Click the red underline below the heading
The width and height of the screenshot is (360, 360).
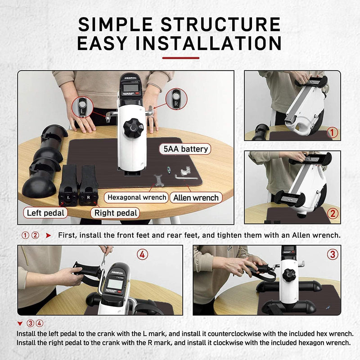180,58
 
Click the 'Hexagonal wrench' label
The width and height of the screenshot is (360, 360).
136,198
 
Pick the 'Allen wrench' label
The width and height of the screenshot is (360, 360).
195,198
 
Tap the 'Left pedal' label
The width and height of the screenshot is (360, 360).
46,212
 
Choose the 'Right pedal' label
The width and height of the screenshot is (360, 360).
115,212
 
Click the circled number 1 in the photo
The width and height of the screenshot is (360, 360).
332,132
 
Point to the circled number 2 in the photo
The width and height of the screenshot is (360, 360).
332,214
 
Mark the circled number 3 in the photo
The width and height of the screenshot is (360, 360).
332,254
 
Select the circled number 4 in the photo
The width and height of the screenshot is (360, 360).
142,255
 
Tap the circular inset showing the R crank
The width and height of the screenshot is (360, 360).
175,99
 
